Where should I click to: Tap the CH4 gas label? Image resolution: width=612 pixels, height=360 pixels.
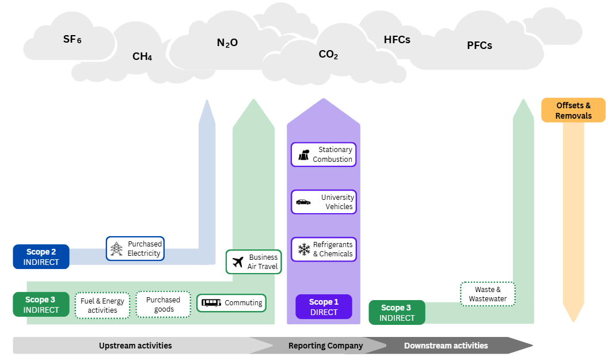click(142, 56)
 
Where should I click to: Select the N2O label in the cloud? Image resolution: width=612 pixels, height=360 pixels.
click(227, 43)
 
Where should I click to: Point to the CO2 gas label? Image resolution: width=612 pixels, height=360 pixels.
click(328, 55)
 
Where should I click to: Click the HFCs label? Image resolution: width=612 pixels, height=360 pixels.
click(397, 40)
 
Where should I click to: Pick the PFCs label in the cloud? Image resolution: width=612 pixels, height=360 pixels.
click(480, 46)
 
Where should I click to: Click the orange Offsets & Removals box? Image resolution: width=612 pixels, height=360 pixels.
click(573, 110)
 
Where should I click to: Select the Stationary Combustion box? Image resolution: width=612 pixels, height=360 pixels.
click(324, 154)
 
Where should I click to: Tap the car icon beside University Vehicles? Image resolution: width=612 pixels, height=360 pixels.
click(303, 202)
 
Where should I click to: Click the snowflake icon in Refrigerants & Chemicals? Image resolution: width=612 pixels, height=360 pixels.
click(303, 249)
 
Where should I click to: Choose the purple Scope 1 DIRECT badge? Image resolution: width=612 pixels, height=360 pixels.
click(324, 307)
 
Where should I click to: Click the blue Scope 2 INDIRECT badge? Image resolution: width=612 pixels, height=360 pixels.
click(41, 257)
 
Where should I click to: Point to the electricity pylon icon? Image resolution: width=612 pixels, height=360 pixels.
click(117, 249)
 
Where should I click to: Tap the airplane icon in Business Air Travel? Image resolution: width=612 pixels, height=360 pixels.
click(238, 262)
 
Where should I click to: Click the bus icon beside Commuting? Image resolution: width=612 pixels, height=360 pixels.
click(211, 303)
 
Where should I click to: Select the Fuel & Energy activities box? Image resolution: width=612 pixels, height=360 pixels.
click(102, 305)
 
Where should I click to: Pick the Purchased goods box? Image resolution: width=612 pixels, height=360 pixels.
click(164, 304)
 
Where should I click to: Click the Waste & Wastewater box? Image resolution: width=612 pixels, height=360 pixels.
click(488, 294)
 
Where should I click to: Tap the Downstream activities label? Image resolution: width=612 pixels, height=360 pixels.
click(446, 346)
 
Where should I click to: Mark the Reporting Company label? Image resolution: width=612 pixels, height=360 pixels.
click(325, 346)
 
